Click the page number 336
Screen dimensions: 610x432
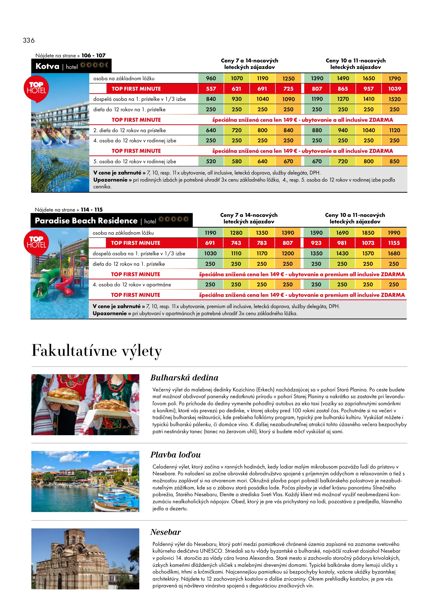[x=29, y=40]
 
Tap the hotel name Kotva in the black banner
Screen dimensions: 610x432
[x=47, y=66]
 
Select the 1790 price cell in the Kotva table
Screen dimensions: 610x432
[x=394, y=79]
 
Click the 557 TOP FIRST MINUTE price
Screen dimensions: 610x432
[x=211, y=89]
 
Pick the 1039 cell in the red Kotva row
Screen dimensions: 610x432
[x=394, y=89]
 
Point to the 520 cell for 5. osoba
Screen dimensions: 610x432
[x=211, y=161]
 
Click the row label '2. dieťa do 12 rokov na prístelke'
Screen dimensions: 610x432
[x=129, y=130]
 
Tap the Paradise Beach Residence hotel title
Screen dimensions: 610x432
[x=86, y=221]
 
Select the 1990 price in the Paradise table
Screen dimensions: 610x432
[x=394, y=233]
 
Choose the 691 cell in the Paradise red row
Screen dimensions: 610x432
[x=210, y=243]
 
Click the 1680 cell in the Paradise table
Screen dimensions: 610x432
[x=394, y=253]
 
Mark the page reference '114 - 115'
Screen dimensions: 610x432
[x=92, y=210]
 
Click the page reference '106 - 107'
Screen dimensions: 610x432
[x=93, y=55]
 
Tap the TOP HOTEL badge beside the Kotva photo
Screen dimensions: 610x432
[x=36, y=88]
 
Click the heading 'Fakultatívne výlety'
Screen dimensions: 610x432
[x=97, y=351]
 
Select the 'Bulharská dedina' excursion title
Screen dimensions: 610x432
[x=184, y=378]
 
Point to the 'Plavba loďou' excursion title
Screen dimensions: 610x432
[x=175, y=455]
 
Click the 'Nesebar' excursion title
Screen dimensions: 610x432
[x=166, y=532]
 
